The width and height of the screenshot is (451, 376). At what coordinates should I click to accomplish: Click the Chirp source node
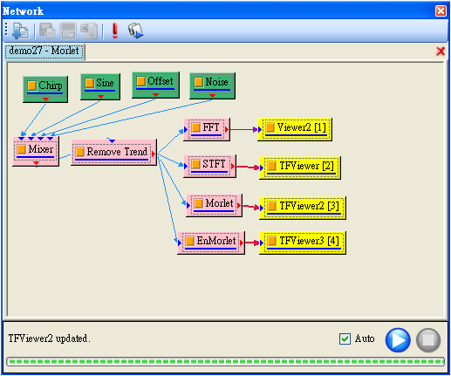[x=45, y=89]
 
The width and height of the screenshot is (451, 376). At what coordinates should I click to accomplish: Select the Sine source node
[x=100, y=86]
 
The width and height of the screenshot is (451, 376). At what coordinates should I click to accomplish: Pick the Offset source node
[x=155, y=85]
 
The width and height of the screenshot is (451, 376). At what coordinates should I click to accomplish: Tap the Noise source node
[x=212, y=85]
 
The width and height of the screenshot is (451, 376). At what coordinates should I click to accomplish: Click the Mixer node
[x=36, y=151]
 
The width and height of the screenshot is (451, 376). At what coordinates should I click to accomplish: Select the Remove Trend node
[x=114, y=152]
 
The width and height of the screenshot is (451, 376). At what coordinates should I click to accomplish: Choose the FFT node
[x=207, y=129]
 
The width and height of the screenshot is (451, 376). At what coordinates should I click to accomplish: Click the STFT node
[x=209, y=166]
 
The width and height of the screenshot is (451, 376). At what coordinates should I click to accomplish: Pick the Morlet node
[x=214, y=205]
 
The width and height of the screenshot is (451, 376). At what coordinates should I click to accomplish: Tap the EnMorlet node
[x=211, y=243]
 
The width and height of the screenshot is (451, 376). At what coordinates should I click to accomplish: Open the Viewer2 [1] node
[x=295, y=129]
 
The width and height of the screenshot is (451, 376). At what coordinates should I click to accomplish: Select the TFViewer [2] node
[x=300, y=167]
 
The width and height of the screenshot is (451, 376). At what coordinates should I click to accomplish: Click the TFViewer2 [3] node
[x=303, y=208]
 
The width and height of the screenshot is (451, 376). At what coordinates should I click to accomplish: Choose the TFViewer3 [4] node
[x=303, y=243]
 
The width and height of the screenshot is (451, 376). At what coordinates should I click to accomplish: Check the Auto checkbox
[x=345, y=338]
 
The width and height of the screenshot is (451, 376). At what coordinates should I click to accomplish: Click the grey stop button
[x=428, y=340]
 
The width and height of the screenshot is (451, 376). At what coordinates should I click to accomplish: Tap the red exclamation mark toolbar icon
[x=115, y=31]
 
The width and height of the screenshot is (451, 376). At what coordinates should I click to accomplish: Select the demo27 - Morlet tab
[x=44, y=51]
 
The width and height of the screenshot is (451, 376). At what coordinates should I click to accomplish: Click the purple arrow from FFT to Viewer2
[x=243, y=129]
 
